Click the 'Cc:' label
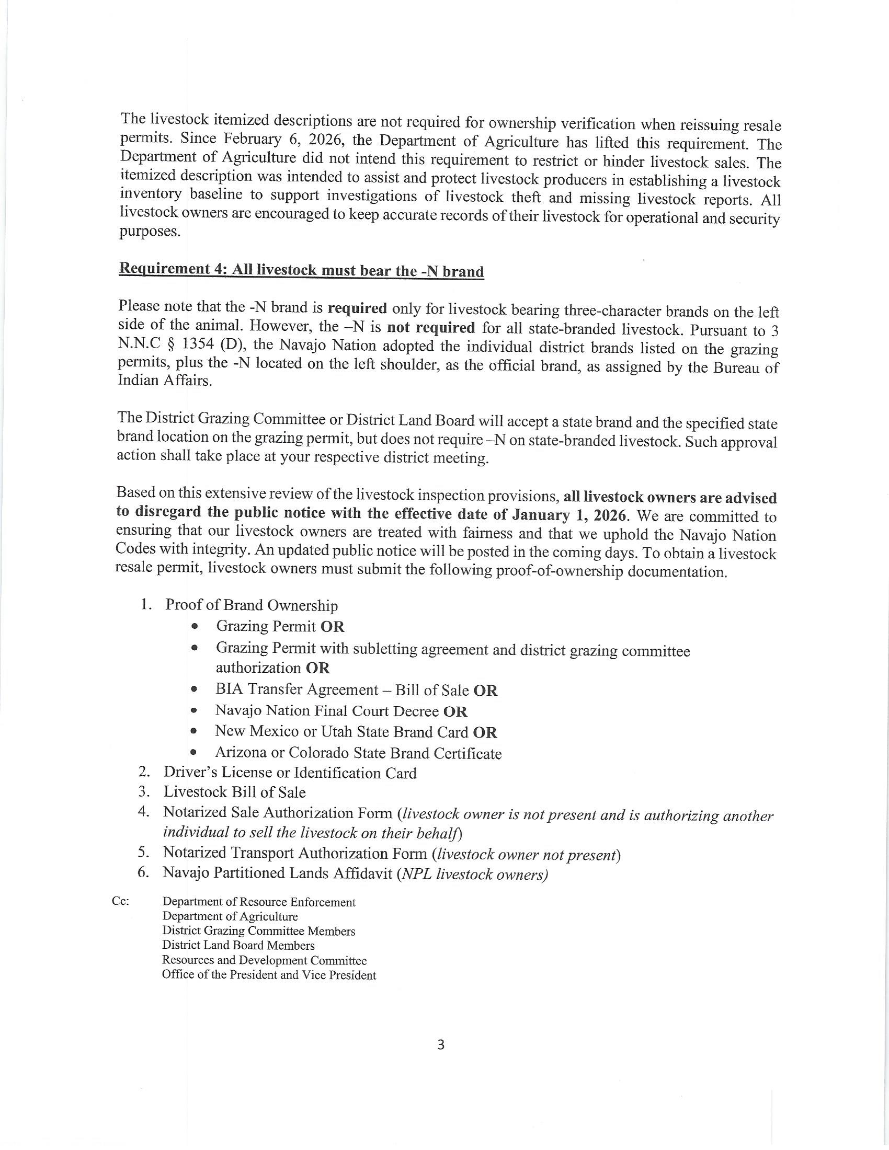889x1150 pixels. (121, 901)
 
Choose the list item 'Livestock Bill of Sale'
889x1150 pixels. (234, 792)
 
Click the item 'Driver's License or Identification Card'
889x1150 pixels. (290, 773)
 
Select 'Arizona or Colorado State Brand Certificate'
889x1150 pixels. (358, 753)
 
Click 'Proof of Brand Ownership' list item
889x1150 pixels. (251, 605)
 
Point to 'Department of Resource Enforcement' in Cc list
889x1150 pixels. (258, 902)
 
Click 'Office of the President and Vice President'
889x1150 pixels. (269, 975)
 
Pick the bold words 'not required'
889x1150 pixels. (431, 328)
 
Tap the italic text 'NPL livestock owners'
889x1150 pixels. (473, 874)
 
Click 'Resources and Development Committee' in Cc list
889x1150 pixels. (264, 960)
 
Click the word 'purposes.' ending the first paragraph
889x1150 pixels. (150, 232)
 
